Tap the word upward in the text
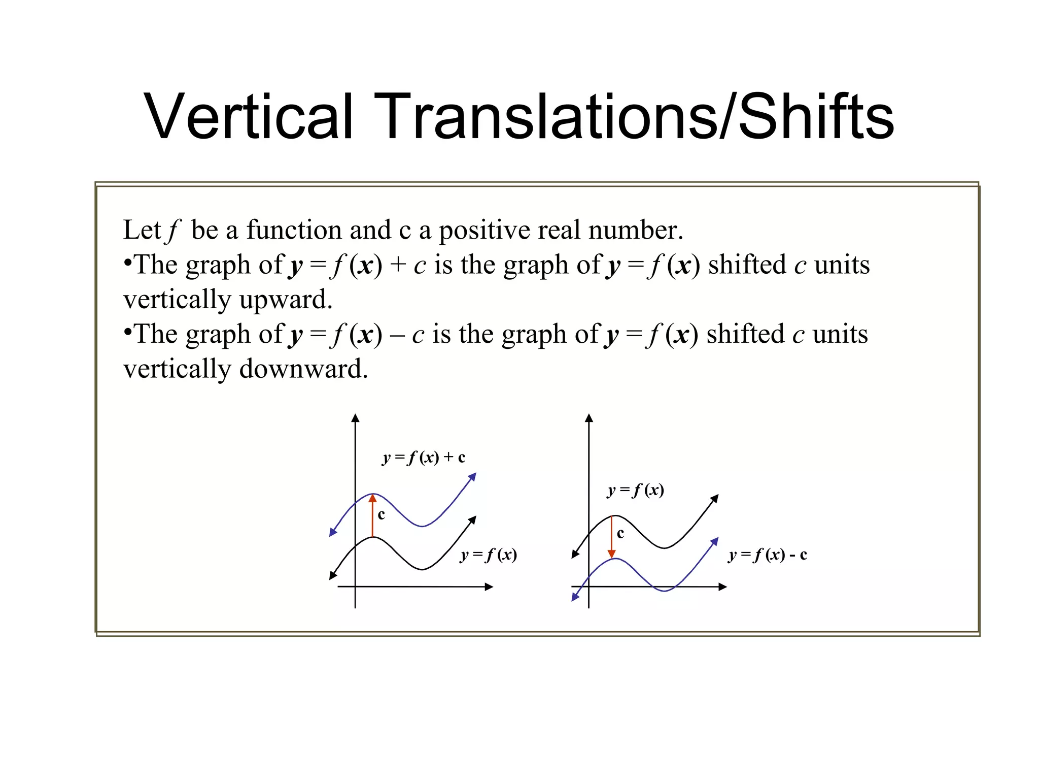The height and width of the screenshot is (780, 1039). click(286, 299)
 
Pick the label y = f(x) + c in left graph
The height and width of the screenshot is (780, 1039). click(424, 458)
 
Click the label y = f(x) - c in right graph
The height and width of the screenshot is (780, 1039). click(768, 555)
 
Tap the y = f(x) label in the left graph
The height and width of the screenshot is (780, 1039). click(489, 555)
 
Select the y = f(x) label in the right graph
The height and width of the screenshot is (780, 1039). click(636, 490)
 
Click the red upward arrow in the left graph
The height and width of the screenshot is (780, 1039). click(373, 516)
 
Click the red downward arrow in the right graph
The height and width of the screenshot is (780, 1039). click(612, 537)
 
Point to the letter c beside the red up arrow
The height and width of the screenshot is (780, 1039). click(382, 515)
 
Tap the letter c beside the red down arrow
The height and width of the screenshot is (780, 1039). click(620, 533)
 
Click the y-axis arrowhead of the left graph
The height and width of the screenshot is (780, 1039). click(356, 418)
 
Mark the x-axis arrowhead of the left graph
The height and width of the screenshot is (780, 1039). click(489, 587)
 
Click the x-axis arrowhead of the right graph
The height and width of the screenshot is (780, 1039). click(723, 587)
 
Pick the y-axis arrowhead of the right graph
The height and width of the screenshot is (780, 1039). click(589, 418)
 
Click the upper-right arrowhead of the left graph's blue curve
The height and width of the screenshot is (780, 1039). click(472, 476)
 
